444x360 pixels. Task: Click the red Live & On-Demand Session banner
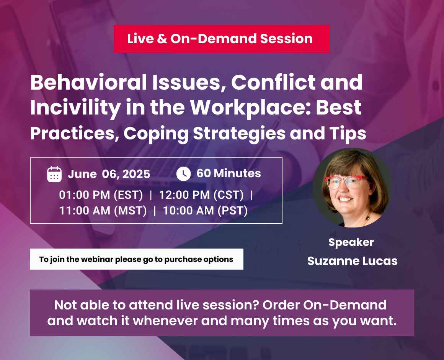[x=222, y=39]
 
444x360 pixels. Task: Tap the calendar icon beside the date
[x=54, y=174]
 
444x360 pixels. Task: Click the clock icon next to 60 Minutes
[x=183, y=173]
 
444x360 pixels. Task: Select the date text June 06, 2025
[x=109, y=174]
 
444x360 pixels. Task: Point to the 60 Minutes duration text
[x=229, y=173]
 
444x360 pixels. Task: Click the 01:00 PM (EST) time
[x=101, y=195]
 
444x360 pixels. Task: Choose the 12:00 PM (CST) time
[x=201, y=195]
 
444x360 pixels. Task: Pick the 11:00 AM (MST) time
[x=103, y=211]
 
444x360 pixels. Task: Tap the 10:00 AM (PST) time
[x=205, y=211]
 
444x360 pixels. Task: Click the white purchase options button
[x=137, y=259]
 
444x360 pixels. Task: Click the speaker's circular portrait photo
[x=352, y=188]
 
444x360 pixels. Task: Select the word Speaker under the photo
[x=351, y=242]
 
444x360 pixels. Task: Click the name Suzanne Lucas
[x=352, y=261]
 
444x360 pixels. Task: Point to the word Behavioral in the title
[x=88, y=82]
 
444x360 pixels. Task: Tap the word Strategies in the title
[x=239, y=133]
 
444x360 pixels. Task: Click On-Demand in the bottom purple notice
[x=344, y=305]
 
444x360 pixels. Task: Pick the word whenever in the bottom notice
[x=165, y=321]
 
